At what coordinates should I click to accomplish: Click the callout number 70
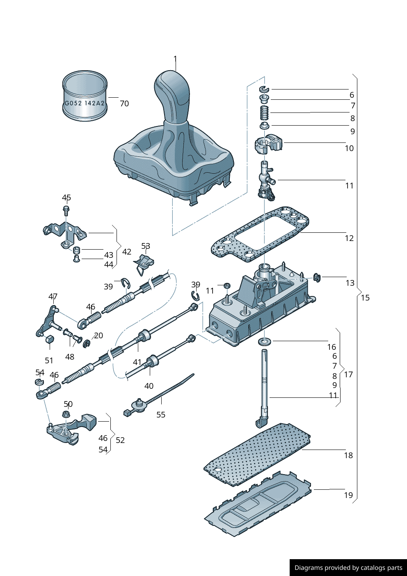click(x=124, y=104)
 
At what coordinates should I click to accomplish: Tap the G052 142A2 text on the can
click(x=85, y=103)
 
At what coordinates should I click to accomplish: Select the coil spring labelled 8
click(x=265, y=112)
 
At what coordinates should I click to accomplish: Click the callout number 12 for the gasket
click(x=349, y=239)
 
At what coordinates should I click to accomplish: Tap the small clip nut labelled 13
click(x=317, y=277)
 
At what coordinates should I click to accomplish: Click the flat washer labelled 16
click(x=265, y=341)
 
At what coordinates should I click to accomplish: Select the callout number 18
click(x=348, y=455)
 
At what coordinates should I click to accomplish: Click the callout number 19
click(x=348, y=495)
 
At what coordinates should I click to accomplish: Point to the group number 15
click(x=365, y=298)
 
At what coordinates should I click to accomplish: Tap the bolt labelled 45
click(x=66, y=211)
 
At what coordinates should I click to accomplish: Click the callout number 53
click(x=146, y=246)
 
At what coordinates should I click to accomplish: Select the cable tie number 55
click(x=161, y=415)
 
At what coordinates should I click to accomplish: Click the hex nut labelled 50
click(x=66, y=415)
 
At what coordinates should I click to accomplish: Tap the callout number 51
click(x=49, y=360)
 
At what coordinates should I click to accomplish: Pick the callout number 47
click(x=53, y=296)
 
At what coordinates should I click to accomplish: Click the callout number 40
click(x=149, y=386)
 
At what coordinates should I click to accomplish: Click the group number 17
click(x=348, y=374)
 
